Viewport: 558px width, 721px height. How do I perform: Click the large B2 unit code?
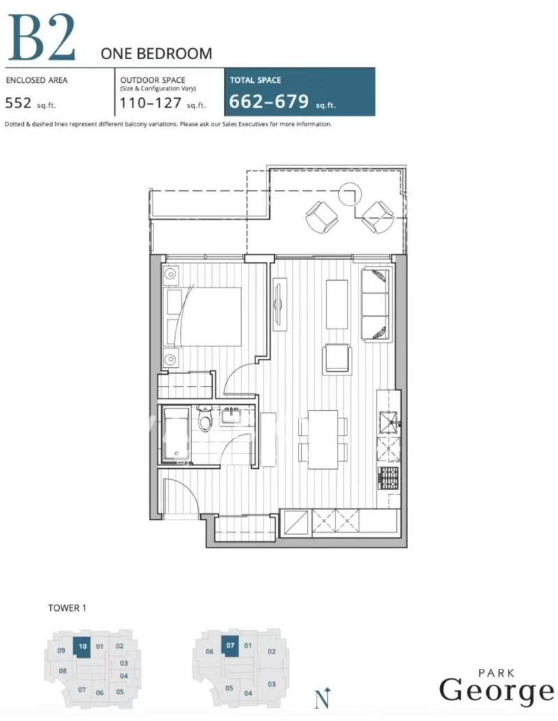click(41, 37)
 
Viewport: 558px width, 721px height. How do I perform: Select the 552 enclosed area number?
click(18, 102)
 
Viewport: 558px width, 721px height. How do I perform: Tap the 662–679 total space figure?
click(269, 101)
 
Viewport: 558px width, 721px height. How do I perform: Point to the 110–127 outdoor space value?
click(151, 102)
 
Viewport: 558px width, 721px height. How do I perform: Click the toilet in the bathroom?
click(205, 419)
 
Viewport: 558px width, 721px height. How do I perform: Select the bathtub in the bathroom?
click(176, 434)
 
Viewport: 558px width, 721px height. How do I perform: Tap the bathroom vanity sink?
click(229, 416)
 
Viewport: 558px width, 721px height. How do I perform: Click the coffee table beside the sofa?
click(337, 304)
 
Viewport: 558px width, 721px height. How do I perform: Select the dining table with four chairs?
click(323, 440)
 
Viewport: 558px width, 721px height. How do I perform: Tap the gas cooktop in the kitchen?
click(388, 478)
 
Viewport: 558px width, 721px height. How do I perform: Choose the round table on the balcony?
click(350, 194)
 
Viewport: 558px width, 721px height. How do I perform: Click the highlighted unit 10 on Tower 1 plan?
click(82, 646)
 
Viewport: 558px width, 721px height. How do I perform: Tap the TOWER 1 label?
click(67, 608)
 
